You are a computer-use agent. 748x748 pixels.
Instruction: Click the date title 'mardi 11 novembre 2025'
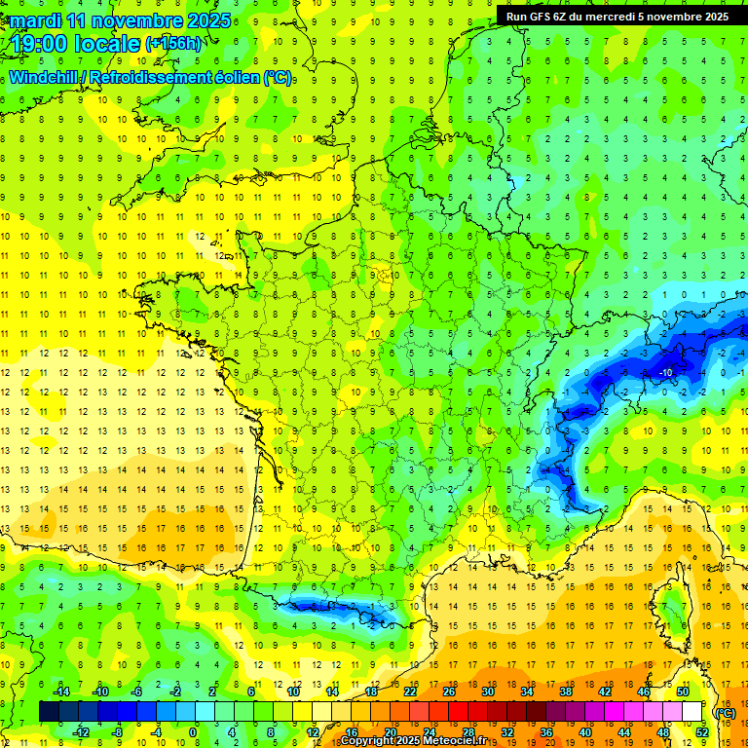(122, 20)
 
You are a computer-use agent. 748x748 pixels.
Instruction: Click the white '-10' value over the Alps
(666, 373)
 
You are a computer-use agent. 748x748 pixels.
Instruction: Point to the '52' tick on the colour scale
(701, 732)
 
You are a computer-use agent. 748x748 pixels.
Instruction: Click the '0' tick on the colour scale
(193, 732)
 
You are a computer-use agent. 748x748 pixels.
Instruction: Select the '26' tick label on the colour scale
(448, 692)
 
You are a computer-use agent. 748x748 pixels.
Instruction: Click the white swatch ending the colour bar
(692, 712)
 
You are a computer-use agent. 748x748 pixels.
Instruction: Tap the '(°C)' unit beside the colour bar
(726, 713)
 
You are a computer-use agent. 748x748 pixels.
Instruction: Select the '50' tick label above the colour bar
(682, 692)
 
